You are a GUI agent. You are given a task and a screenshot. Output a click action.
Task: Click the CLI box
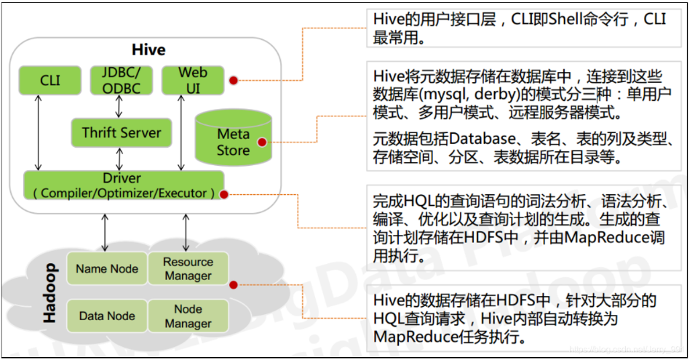(50, 80)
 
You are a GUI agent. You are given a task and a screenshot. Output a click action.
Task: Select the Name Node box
(107, 269)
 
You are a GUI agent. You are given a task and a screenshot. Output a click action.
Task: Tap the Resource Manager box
(188, 268)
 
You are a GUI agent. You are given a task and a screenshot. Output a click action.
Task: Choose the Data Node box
(106, 316)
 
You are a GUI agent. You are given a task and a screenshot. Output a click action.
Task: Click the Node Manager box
(188, 316)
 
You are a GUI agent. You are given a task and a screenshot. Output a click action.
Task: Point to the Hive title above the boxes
(148, 50)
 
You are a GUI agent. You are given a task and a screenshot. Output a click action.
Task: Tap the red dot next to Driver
(224, 194)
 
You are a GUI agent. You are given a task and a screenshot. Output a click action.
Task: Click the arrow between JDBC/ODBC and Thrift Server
(119, 106)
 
